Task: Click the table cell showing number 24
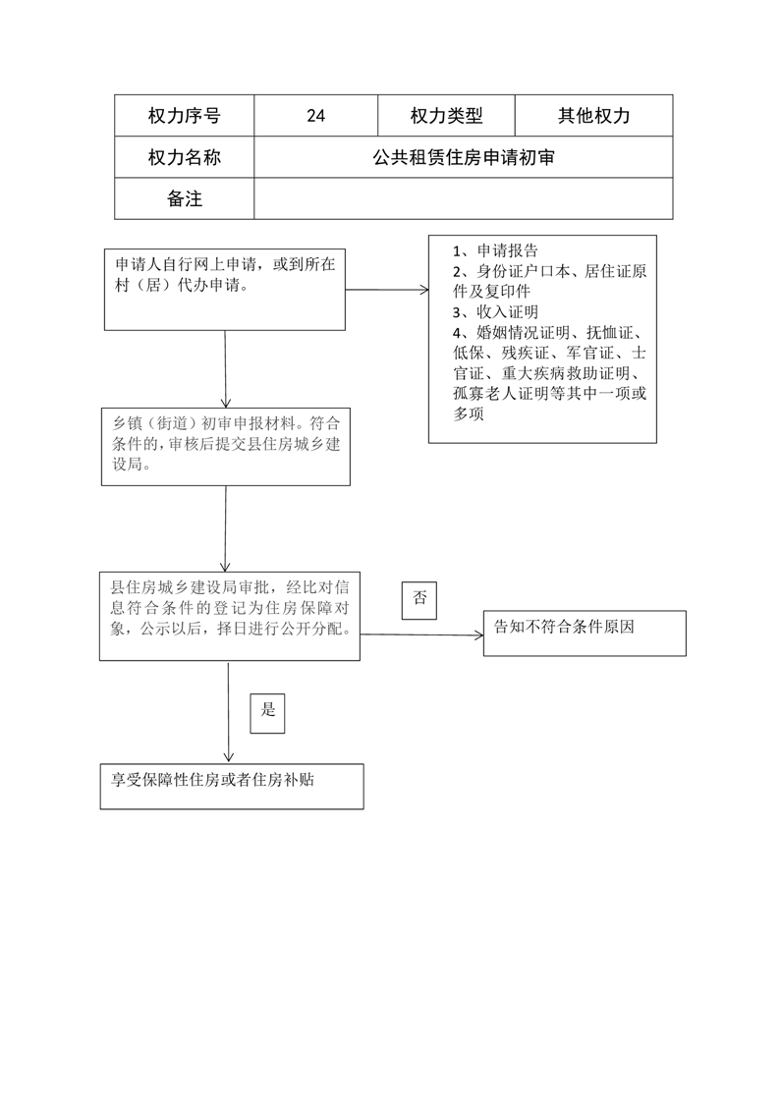[315, 115]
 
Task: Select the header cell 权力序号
[184, 115]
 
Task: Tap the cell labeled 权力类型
[446, 115]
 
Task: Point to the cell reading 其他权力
[593, 115]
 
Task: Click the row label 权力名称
[184, 157]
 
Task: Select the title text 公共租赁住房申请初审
[463, 157]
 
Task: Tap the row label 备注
[184, 198]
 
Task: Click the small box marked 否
[418, 600]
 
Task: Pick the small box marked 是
[268, 713]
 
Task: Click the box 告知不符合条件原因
[585, 634]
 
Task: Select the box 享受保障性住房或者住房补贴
[232, 787]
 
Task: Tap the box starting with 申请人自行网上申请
[225, 290]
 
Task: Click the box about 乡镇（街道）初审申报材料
[226, 446]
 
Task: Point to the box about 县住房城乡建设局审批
[230, 617]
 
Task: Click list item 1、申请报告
[495, 250]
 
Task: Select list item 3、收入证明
[495, 311]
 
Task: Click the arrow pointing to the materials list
[387, 290]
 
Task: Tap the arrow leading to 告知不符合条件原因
[422, 634]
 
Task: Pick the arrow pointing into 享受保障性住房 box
[228, 712]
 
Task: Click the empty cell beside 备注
[463, 198]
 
